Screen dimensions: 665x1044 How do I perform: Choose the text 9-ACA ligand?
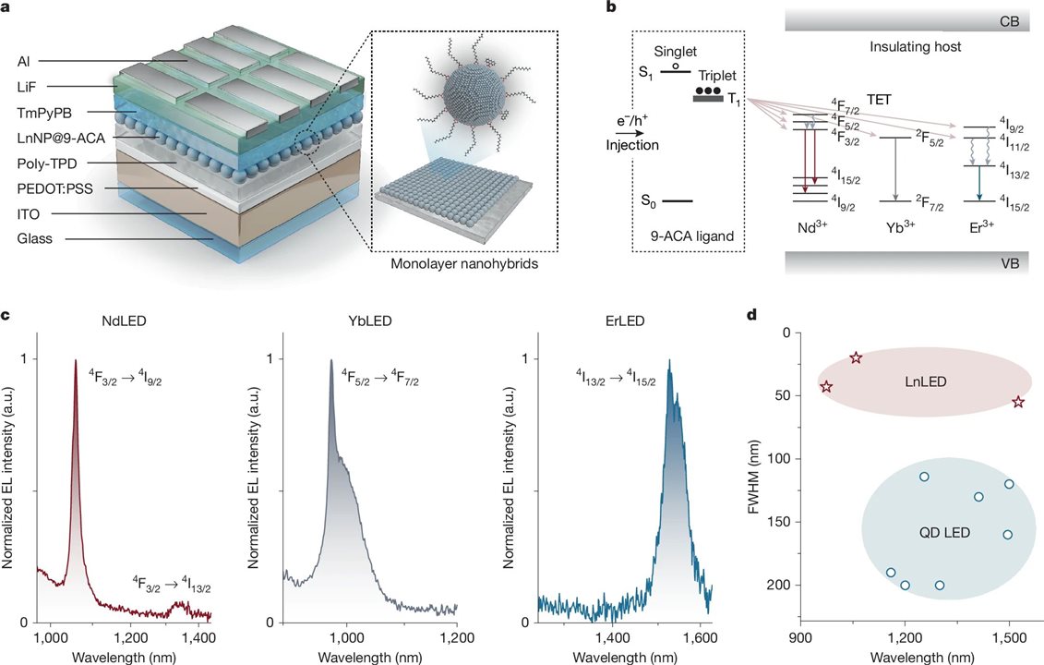[685, 236]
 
